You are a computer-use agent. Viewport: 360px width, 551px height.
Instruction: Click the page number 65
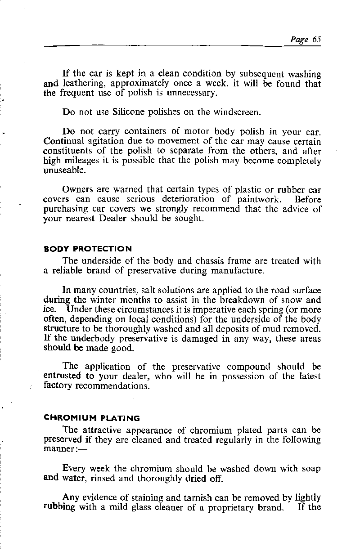coord(315,39)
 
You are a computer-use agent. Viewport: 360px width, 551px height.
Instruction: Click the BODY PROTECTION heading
coord(88,249)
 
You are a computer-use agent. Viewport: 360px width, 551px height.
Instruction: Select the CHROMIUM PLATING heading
coord(92,418)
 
